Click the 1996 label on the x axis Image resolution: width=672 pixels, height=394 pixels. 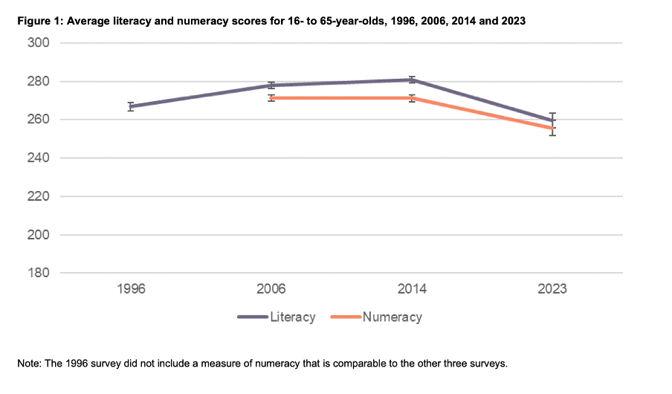point(131,289)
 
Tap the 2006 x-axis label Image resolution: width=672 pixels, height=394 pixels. point(271,289)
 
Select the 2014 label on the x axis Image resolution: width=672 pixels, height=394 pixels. point(412,289)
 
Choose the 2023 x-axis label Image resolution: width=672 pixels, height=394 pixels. point(552,289)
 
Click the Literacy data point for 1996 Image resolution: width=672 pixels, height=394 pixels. point(131,106)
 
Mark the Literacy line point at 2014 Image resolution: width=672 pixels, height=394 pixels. point(412,80)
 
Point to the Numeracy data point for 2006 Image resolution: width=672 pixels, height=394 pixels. point(271,97)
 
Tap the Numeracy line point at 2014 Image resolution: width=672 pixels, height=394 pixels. point(412,98)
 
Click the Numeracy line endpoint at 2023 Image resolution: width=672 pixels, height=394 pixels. point(552,129)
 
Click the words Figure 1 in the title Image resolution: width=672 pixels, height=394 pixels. point(39,22)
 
